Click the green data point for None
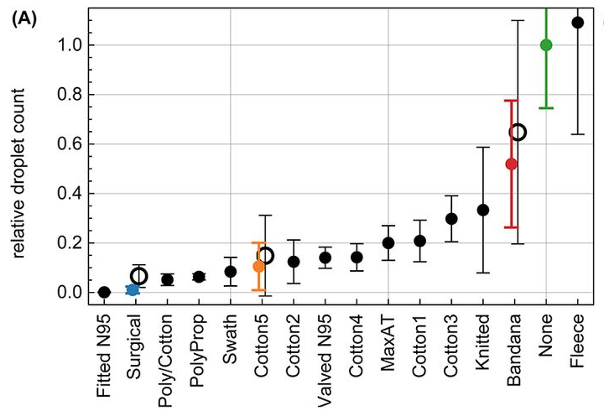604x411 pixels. click(546, 45)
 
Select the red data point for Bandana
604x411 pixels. click(512, 164)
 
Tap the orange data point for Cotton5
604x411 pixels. click(259, 266)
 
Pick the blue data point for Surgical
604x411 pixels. click(133, 289)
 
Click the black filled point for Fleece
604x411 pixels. click(577, 23)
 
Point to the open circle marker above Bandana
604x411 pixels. click(518, 132)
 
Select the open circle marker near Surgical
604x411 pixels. click(139, 276)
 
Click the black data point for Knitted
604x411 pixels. click(482, 210)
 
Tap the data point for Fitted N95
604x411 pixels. click(104, 292)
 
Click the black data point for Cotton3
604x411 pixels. click(451, 218)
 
